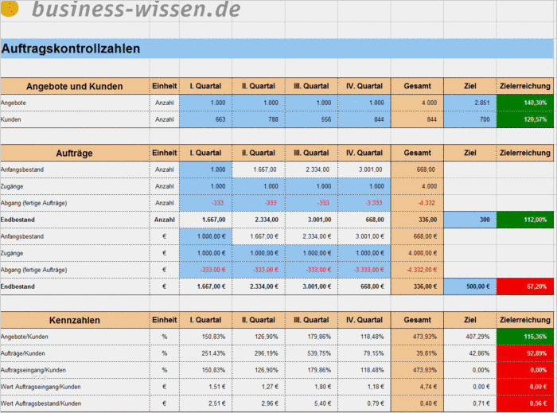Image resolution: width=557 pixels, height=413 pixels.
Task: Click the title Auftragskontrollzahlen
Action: tap(72, 49)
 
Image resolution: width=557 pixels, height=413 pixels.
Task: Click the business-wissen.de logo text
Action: tap(135, 10)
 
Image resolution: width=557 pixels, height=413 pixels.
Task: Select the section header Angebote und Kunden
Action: tap(75, 87)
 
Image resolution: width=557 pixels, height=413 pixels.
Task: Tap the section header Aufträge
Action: tap(75, 153)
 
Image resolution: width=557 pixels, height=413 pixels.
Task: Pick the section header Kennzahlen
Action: tap(75, 321)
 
